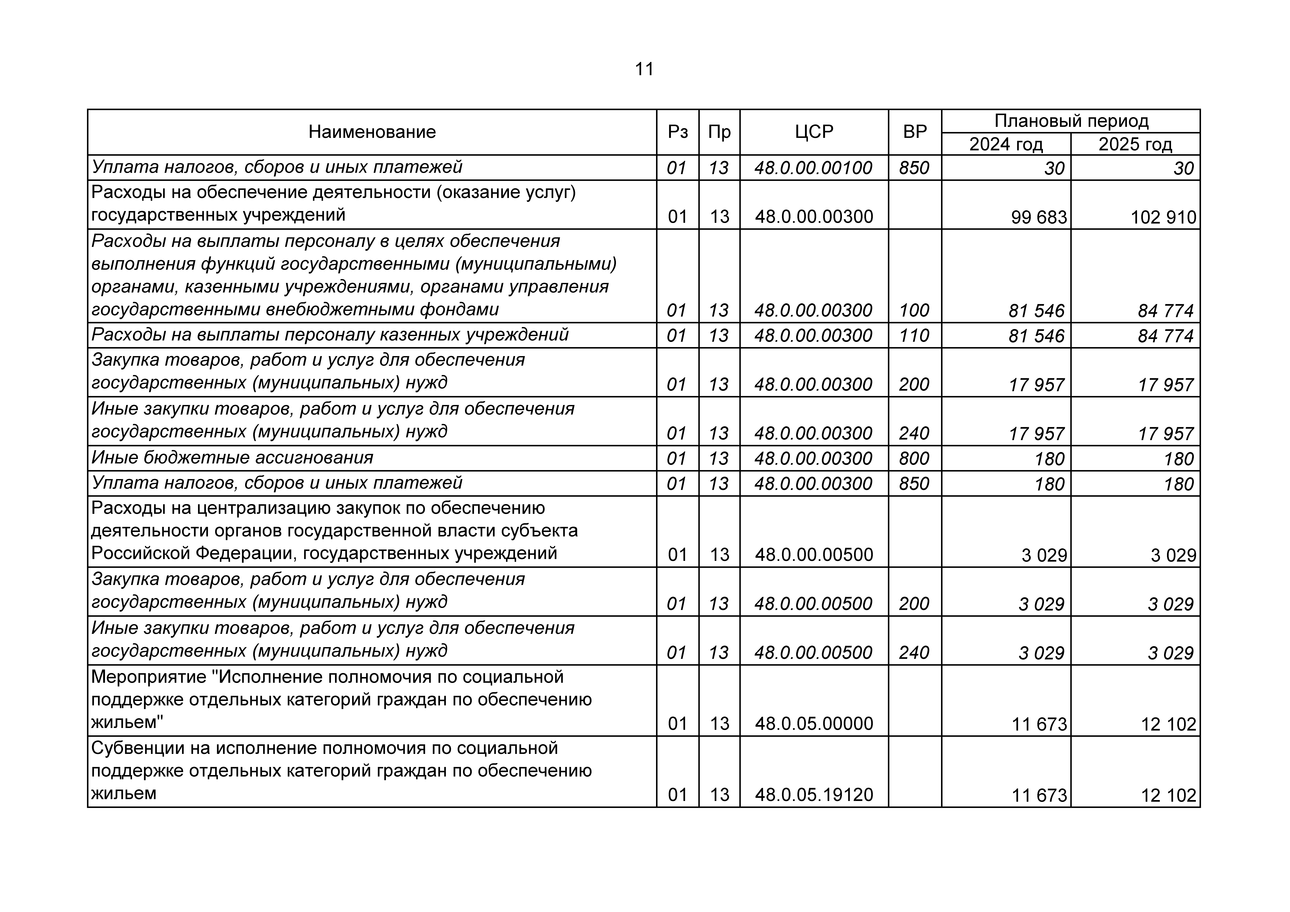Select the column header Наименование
(x=372, y=132)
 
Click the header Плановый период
(x=1071, y=121)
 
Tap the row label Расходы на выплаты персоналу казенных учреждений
(x=330, y=335)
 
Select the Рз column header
(x=678, y=132)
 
